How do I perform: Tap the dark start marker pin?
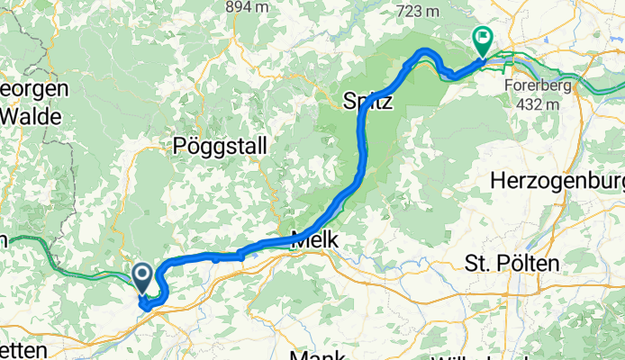pos(142,276)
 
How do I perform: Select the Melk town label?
pos(315,240)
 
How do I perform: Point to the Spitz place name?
pos(368,102)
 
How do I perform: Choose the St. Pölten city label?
pos(512,263)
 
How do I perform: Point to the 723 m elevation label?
pos(415,11)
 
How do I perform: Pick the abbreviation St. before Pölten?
pos(476,263)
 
